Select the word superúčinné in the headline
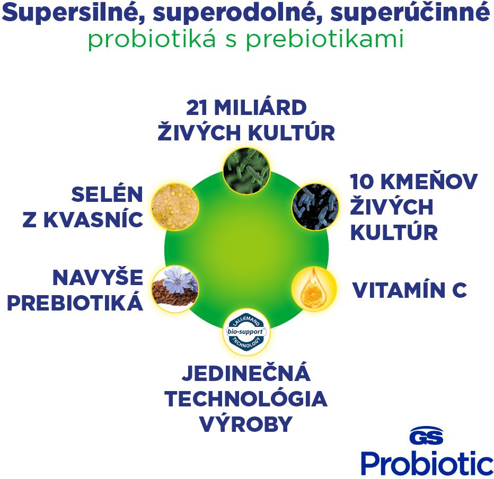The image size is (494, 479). point(410,14)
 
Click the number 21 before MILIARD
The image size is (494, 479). point(197,108)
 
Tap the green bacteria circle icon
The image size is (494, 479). point(246,171)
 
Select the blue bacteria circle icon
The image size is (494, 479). point(315,207)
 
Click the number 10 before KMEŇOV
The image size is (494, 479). point(362,182)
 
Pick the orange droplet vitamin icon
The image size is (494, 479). point(314,289)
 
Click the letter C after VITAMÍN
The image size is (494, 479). point(460,290)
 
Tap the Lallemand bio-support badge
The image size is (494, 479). point(246,332)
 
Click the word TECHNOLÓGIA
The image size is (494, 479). point(246,398)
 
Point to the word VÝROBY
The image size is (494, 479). point(246,424)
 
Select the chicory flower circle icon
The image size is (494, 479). point(175,289)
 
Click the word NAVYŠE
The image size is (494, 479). point(98,278)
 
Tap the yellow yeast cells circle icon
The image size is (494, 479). point(175,207)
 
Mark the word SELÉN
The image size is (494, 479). point(107,194)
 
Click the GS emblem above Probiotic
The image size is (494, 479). point(426,436)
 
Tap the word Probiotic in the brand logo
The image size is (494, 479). point(427,463)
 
